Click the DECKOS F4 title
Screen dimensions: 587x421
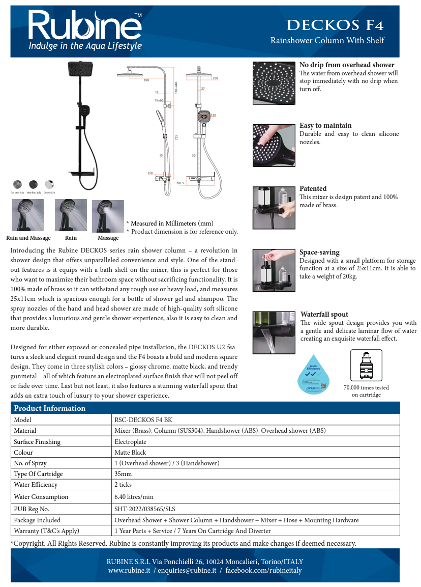(335, 25)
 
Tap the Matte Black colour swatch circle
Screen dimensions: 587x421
(33, 184)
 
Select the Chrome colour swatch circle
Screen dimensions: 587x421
(49, 184)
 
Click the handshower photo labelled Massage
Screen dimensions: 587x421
(108, 215)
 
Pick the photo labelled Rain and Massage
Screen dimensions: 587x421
(28, 215)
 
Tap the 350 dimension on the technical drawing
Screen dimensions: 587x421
(146, 80)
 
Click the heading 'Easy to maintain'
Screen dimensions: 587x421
(325, 125)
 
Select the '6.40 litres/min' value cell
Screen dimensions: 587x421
(134, 496)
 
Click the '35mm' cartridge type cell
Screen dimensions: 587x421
(123, 473)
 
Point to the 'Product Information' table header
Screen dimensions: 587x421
(50, 408)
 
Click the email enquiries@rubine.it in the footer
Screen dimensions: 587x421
(187, 570)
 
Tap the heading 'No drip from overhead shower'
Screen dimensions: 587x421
(347, 65)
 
